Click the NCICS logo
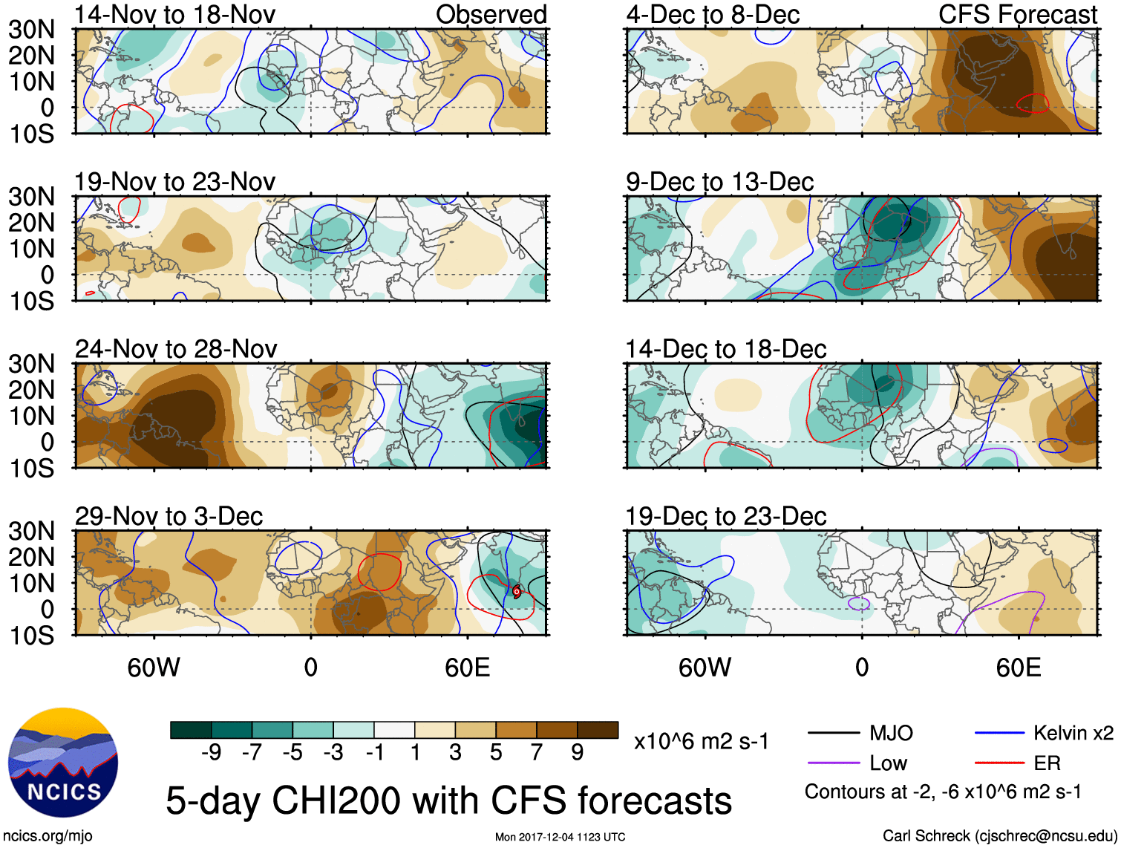(x=63, y=763)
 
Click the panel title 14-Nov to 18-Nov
(x=174, y=14)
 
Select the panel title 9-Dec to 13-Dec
(x=719, y=182)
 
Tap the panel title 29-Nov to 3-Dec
(x=169, y=516)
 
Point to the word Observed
(x=491, y=14)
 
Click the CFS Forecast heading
(x=1017, y=14)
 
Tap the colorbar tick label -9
(x=211, y=753)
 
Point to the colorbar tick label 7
(x=537, y=753)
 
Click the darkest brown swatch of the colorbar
(x=598, y=730)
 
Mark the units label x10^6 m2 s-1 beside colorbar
(x=701, y=742)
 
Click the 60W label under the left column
(x=154, y=668)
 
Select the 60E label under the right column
(x=1018, y=668)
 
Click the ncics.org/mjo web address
(x=48, y=836)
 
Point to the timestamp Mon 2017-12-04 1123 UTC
(x=560, y=838)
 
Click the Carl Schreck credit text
(x=999, y=836)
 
